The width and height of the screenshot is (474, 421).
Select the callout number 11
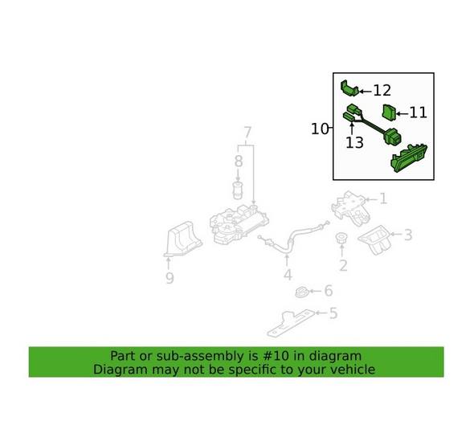419,113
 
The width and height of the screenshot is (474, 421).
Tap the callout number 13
354,142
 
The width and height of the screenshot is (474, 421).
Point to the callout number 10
320,129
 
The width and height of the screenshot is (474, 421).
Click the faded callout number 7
247,133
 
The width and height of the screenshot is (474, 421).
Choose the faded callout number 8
238,161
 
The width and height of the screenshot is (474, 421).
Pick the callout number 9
170,279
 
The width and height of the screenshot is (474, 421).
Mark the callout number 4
288,276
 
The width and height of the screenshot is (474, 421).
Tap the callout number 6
328,291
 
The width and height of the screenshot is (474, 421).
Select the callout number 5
333,313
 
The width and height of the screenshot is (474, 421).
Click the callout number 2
343,266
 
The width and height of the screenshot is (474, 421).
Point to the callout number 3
408,235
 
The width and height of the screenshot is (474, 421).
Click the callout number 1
383,198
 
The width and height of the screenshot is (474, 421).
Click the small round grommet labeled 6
301,290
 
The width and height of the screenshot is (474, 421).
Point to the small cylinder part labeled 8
238,190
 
